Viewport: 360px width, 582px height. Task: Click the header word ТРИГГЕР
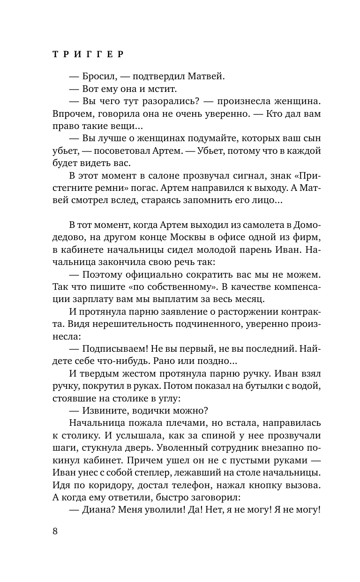(x=88, y=54)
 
